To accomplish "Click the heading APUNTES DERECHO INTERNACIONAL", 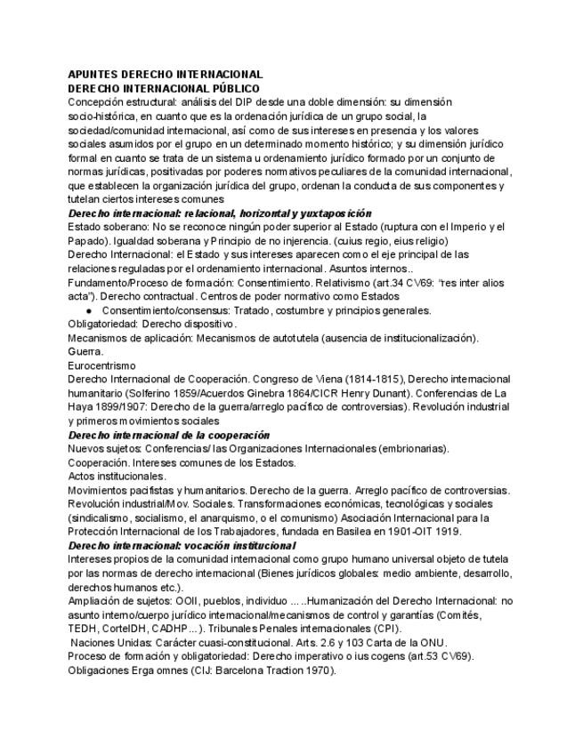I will [x=165, y=75].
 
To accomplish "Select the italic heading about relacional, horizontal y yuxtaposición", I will [x=220, y=214].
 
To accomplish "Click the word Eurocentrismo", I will [x=101, y=365].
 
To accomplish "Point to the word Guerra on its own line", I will [x=85, y=351].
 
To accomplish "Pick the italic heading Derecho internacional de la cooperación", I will [x=168, y=435].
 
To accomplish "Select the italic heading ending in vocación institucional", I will [x=182, y=545].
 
